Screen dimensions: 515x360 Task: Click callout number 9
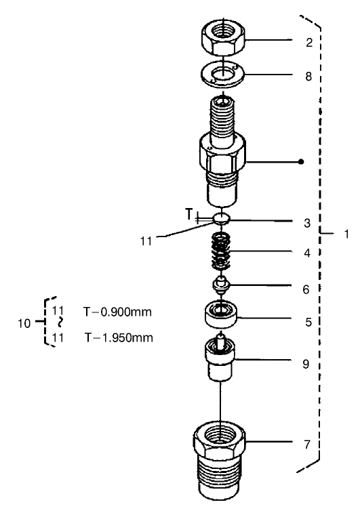coord(305,364)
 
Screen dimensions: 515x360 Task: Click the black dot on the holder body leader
coord(301,162)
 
